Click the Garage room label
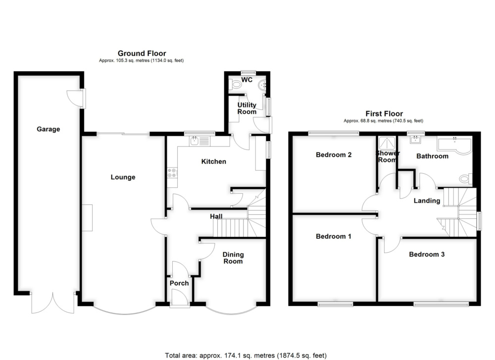coord(49,129)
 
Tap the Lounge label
coord(123,177)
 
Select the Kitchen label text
coord(214,161)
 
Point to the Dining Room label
coord(233,257)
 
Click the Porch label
coord(179,283)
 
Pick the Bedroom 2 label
coord(334,154)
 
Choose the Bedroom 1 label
coord(333,236)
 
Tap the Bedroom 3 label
coord(427,254)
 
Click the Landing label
coord(427,201)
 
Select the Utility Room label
coord(247,108)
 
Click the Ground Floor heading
coord(142,53)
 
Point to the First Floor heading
coord(384,114)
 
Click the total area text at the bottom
coord(246,356)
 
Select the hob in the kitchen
coord(172,173)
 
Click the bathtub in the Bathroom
coord(454,145)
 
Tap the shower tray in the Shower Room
coord(387,144)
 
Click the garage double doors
coord(53,303)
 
